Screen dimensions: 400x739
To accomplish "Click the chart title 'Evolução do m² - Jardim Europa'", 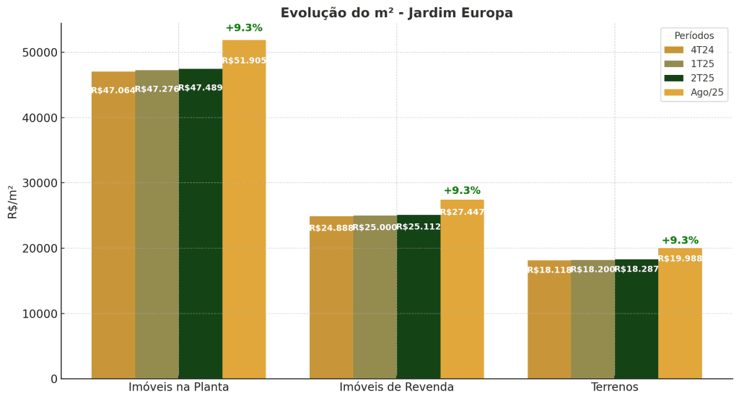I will tap(396, 13).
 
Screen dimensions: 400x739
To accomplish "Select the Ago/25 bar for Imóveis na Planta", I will tap(244, 216).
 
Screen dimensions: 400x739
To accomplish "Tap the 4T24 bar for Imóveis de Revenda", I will tap(331, 303).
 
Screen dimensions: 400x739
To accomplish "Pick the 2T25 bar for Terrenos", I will tap(636, 324).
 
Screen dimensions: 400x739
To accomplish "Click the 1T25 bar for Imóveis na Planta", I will tap(157, 231).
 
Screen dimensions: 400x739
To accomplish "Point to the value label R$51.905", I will tap(244, 61).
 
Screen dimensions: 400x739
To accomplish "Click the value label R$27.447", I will tap(462, 212).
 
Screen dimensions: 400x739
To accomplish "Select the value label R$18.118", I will tap(549, 270).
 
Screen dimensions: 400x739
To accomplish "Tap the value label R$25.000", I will tap(375, 227).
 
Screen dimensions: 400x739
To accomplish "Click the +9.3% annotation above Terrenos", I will tap(680, 240).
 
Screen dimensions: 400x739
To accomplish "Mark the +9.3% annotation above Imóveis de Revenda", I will tap(462, 190).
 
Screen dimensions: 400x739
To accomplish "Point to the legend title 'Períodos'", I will tap(694, 35).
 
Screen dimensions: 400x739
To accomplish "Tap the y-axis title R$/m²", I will tap(12, 202).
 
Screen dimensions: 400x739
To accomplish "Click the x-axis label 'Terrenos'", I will tap(614, 387).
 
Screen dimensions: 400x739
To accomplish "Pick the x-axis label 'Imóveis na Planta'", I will tap(178, 387).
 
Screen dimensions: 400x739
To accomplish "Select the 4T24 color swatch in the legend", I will tap(673, 50).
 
